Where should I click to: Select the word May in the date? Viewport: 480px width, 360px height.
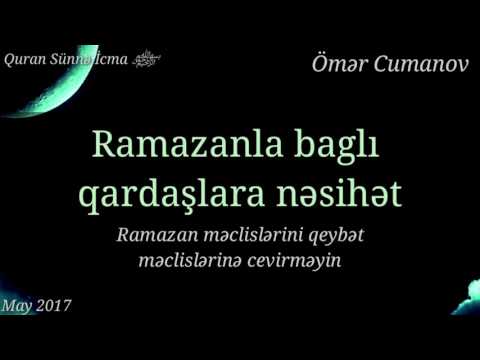click(x=15, y=303)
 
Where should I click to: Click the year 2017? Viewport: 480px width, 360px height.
click(x=52, y=303)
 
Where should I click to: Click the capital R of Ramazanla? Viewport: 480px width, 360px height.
click(x=104, y=145)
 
